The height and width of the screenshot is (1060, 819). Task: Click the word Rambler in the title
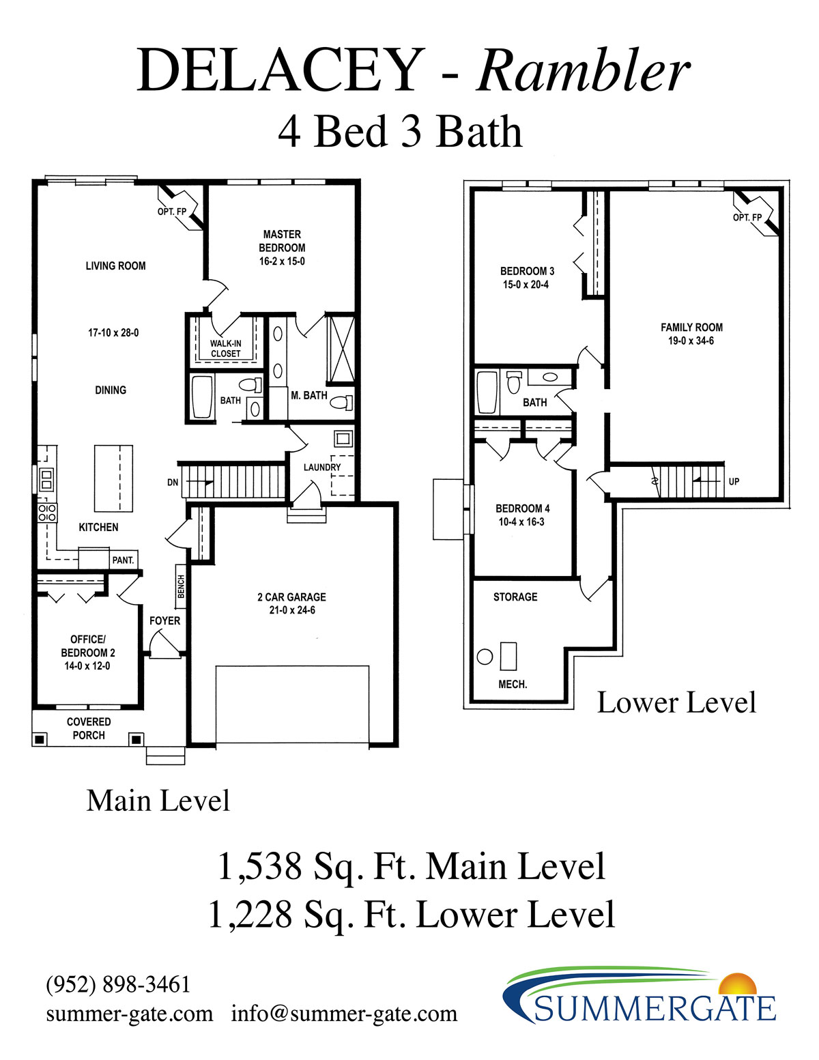(x=582, y=71)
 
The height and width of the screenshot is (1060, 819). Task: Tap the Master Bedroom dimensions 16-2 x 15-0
(x=282, y=261)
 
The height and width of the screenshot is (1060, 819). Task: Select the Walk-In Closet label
(x=225, y=348)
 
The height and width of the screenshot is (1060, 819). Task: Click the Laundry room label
(x=322, y=468)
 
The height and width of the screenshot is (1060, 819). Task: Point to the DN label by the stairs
(x=173, y=483)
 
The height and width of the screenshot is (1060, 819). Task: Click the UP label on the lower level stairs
(x=734, y=481)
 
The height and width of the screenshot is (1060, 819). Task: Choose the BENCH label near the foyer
(x=181, y=586)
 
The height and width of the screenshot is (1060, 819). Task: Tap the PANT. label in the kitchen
(x=123, y=560)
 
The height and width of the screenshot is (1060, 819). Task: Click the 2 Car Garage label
(x=291, y=597)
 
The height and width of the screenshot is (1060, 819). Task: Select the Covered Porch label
(x=89, y=728)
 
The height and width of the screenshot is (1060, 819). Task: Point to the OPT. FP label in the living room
(x=172, y=212)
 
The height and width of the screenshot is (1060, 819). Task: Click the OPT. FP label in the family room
(x=747, y=218)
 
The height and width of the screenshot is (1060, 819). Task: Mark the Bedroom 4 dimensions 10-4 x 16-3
(x=521, y=522)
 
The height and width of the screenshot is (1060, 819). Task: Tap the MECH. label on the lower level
(x=513, y=685)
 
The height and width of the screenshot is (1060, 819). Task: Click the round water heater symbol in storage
(x=485, y=657)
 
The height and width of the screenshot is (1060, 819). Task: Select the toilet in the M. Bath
(x=342, y=402)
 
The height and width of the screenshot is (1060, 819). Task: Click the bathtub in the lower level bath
(x=487, y=392)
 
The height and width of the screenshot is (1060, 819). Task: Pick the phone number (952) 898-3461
(x=118, y=984)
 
